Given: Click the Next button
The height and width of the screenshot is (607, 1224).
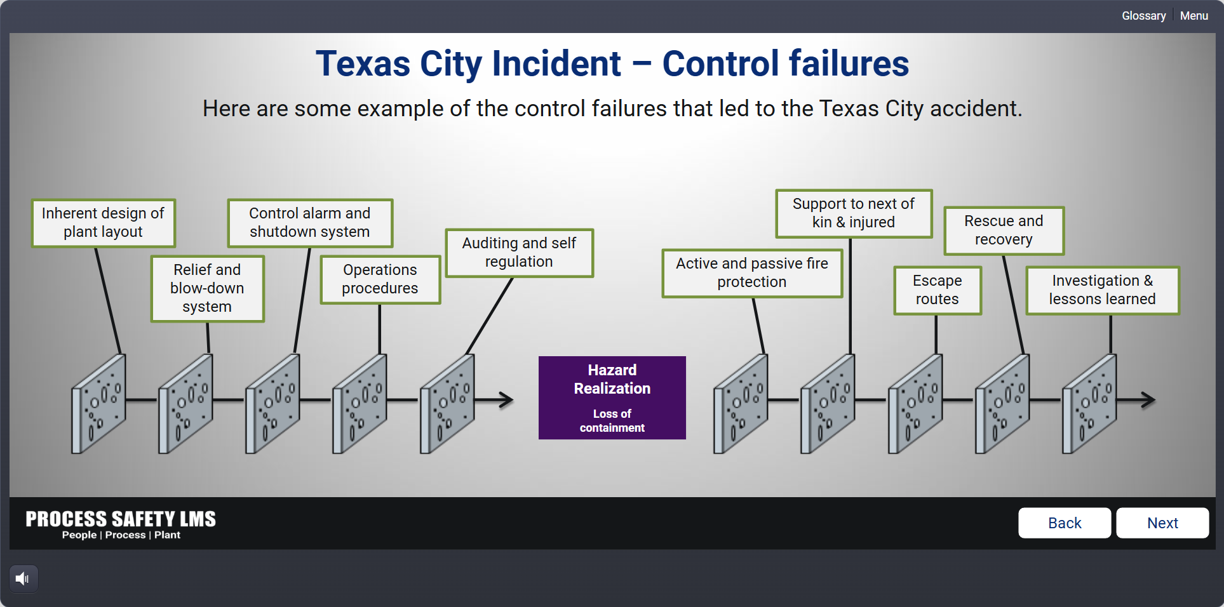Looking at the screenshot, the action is point(1162,523).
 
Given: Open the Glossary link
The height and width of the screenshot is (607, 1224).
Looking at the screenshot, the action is point(1143,16).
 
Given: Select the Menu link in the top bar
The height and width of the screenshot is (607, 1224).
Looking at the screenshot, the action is point(1194,16).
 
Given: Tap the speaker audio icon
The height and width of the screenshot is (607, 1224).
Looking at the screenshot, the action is point(23,578).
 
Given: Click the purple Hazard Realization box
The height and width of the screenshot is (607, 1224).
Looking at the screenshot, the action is point(612,397).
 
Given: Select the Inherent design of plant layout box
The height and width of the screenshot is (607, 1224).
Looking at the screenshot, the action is point(103,223).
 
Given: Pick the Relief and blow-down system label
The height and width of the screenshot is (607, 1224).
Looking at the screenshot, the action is point(207,288).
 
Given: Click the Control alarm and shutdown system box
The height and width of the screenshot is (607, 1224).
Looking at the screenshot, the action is point(310,223).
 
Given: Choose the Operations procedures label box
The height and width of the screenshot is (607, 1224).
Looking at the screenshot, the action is point(380,279).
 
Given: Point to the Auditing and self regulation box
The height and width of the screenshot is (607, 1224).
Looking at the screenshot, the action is point(519,253).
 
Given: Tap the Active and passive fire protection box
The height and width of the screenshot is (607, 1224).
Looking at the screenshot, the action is point(752,273).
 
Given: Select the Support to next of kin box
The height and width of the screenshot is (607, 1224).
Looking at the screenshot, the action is point(854,213).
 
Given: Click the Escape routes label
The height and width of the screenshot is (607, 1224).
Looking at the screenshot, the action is point(938,290).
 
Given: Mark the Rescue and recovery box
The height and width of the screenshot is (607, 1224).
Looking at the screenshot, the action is point(1004,230).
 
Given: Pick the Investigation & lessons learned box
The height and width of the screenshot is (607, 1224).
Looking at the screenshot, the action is point(1103,290).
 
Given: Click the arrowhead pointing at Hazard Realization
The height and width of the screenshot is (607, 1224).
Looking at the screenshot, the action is point(507,400).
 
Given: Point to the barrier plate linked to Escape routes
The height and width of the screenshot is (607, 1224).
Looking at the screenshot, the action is point(915,404).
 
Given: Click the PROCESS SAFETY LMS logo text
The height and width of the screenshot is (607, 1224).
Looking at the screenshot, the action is point(121,519).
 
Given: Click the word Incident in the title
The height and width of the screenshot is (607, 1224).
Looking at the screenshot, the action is point(556,63).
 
